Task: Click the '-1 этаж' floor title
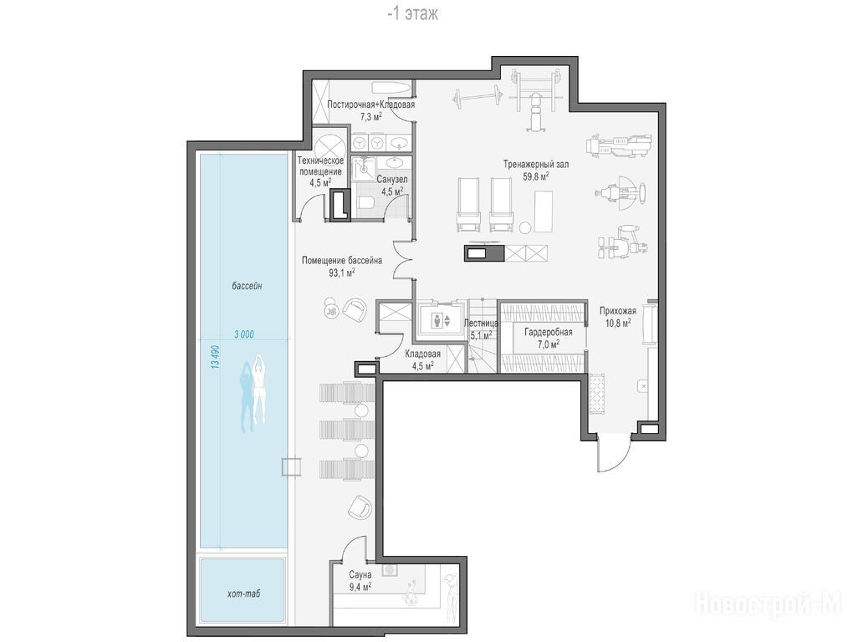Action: pyautogui.click(x=412, y=13)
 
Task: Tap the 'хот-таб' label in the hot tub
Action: pyautogui.click(x=243, y=594)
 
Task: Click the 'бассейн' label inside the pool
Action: pyautogui.click(x=247, y=285)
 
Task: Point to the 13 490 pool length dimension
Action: pyautogui.click(x=216, y=357)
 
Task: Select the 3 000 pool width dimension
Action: pyautogui.click(x=243, y=334)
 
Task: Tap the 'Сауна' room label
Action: pyautogui.click(x=360, y=574)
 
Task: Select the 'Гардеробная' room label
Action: pyautogui.click(x=549, y=332)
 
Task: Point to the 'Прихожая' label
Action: pyautogui.click(x=617, y=311)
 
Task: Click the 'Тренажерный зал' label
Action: pyautogui.click(x=536, y=164)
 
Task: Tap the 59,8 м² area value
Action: pyautogui.click(x=536, y=176)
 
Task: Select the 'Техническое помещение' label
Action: pyautogui.click(x=320, y=166)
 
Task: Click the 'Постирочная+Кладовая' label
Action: pyautogui.click(x=371, y=104)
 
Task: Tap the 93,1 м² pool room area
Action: pyautogui.click(x=342, y=273)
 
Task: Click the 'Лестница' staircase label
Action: pyautogui.click(x=481, y=323)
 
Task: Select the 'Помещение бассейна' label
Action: pyautogui.click(x=342, y=260)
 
